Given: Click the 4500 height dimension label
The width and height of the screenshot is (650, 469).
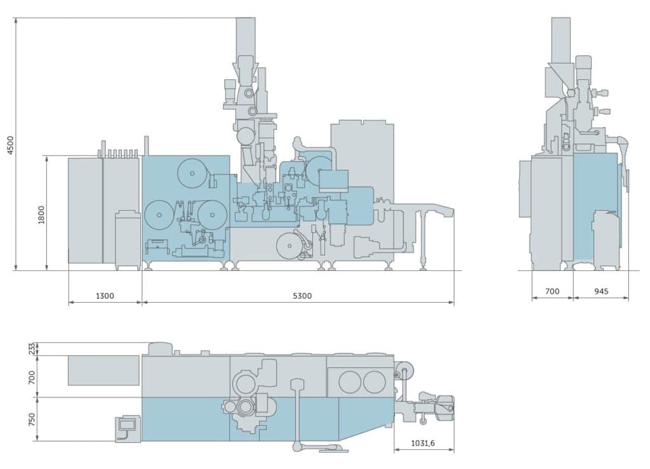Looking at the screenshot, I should pos(9,145).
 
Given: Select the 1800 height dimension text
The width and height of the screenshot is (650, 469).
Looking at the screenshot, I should pos(41,213).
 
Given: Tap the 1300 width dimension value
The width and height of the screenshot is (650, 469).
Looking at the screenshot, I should pos(105,296).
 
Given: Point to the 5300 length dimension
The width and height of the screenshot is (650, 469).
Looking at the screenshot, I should pos(298,296).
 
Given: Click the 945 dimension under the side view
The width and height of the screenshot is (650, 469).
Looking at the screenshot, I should pos(600,291).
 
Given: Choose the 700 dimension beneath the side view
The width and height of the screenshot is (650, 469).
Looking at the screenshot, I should pos(552,291).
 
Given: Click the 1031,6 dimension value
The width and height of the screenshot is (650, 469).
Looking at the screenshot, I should pos(423,444).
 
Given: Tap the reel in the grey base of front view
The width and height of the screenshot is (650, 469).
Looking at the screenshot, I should pos(290,245).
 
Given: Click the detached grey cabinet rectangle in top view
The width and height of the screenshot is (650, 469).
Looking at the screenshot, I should pos(103,370).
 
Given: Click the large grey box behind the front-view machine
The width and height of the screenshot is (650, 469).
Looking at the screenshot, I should pos(362,146).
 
